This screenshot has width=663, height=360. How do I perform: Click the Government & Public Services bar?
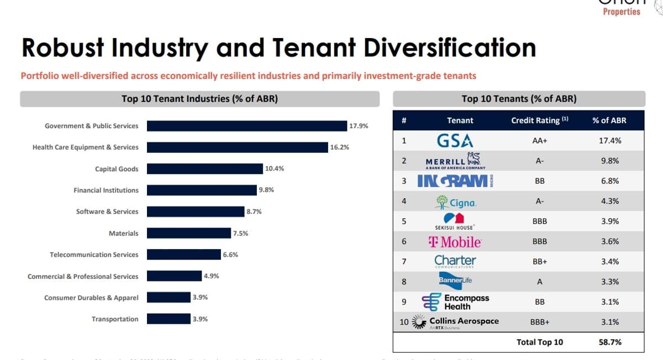246,126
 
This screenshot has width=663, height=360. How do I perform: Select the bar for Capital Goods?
204,169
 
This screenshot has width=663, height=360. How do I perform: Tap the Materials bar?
188,233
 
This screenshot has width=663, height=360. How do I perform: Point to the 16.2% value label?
339,147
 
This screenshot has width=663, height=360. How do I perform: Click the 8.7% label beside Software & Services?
254,211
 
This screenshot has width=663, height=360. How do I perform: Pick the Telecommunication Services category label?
94,255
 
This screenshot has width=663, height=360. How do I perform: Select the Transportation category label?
115,319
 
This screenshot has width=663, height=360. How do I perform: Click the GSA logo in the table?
455,140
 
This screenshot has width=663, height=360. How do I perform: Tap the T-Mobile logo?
455,242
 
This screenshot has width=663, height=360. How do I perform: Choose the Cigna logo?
456,202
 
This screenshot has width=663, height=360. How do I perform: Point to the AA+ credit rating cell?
539,140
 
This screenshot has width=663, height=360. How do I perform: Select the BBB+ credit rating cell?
539,322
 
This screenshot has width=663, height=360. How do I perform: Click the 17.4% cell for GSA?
610,140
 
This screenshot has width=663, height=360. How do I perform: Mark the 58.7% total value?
610,342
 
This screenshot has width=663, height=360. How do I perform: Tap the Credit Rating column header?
539,120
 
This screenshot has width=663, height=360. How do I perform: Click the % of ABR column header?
609,120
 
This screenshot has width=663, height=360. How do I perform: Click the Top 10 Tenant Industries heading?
199,99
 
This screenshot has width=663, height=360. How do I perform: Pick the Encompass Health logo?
456,302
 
